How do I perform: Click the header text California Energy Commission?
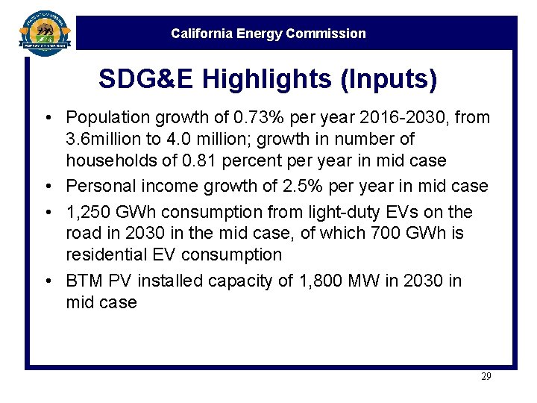coord(268,34)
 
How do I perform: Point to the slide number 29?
coord(486,377)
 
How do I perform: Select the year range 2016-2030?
coord(389,117)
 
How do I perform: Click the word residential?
coord(107,255)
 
